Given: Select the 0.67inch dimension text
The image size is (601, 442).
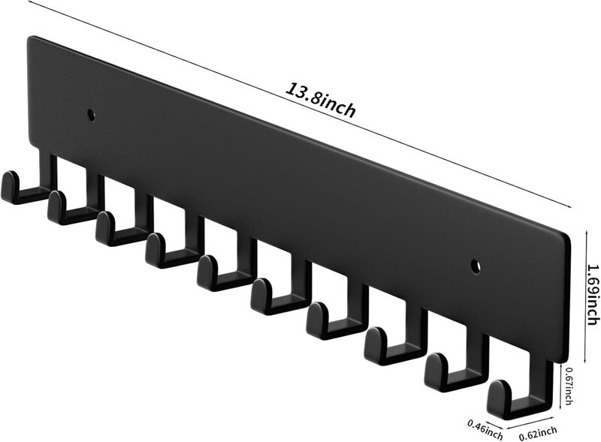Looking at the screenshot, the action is click(x=569, y=386).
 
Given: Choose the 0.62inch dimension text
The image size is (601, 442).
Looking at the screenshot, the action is click(x=538, y=433).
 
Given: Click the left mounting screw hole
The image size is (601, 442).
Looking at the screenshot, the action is click(x=91, y=115).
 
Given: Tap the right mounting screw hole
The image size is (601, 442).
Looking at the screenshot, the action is click(x=476, y=266).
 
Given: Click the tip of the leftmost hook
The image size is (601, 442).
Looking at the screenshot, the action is click(x=10, y=176).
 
